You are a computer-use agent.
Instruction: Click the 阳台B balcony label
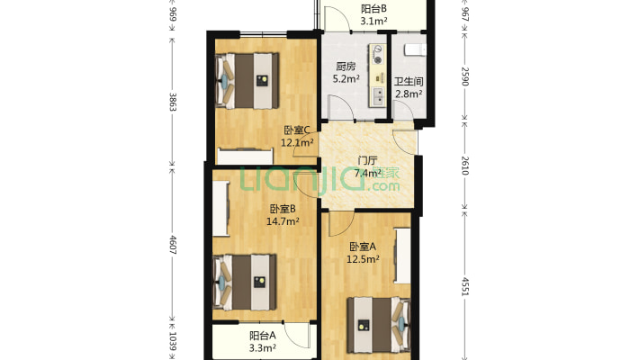click(x=373, y=8)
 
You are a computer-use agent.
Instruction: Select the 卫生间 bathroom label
click(x=408, y=80)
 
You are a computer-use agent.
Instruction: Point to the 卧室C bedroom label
click(x=298, y=130)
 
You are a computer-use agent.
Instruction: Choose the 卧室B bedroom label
click(x=283, y=209)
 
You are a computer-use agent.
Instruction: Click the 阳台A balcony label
click(x=263, y=336)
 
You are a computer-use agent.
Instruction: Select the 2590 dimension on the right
click(x=465, y=76)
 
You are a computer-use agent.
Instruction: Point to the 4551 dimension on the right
click(x=465, y=288)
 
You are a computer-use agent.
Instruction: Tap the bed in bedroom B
click(x=245, y=281)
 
